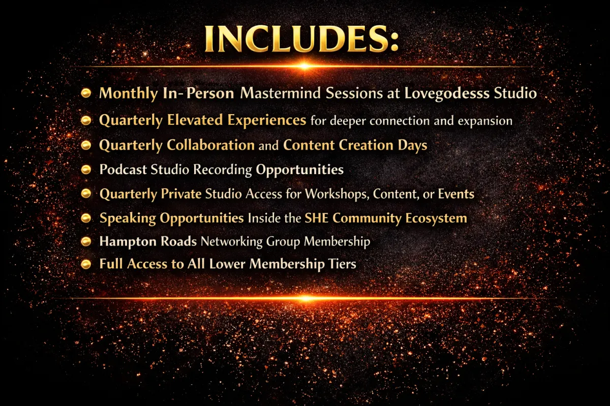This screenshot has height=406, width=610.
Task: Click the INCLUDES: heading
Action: tap(301, 39)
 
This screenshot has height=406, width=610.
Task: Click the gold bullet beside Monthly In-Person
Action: tap(86, 93)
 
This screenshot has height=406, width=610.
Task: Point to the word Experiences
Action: tap(266, 120)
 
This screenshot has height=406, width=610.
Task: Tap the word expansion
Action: tap(485, 121)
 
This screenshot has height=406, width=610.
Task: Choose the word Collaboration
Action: tap(210, 145)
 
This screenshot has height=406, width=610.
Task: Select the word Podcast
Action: tap(123, 170)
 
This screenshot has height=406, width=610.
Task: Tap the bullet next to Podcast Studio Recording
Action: tap(86, 170)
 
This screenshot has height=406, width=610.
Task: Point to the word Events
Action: tap(456, 194)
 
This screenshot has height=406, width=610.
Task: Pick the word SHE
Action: tap(316, 218)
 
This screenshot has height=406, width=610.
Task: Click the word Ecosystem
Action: tap(436, 219)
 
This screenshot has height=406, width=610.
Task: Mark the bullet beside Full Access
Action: tap(86, 264)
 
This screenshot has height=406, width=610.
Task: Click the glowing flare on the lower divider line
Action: tap(306, 298)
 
